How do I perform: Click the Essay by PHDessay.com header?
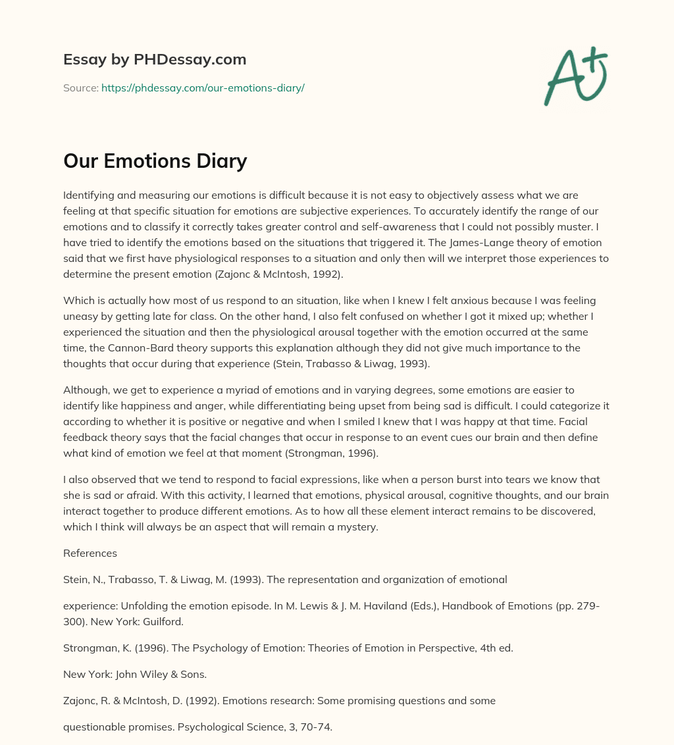pos(155,60)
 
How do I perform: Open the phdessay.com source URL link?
pos(203,88)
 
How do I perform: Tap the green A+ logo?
pos(575,76)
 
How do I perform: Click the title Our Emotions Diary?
pos(155,161)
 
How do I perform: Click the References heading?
pos(90,553)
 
